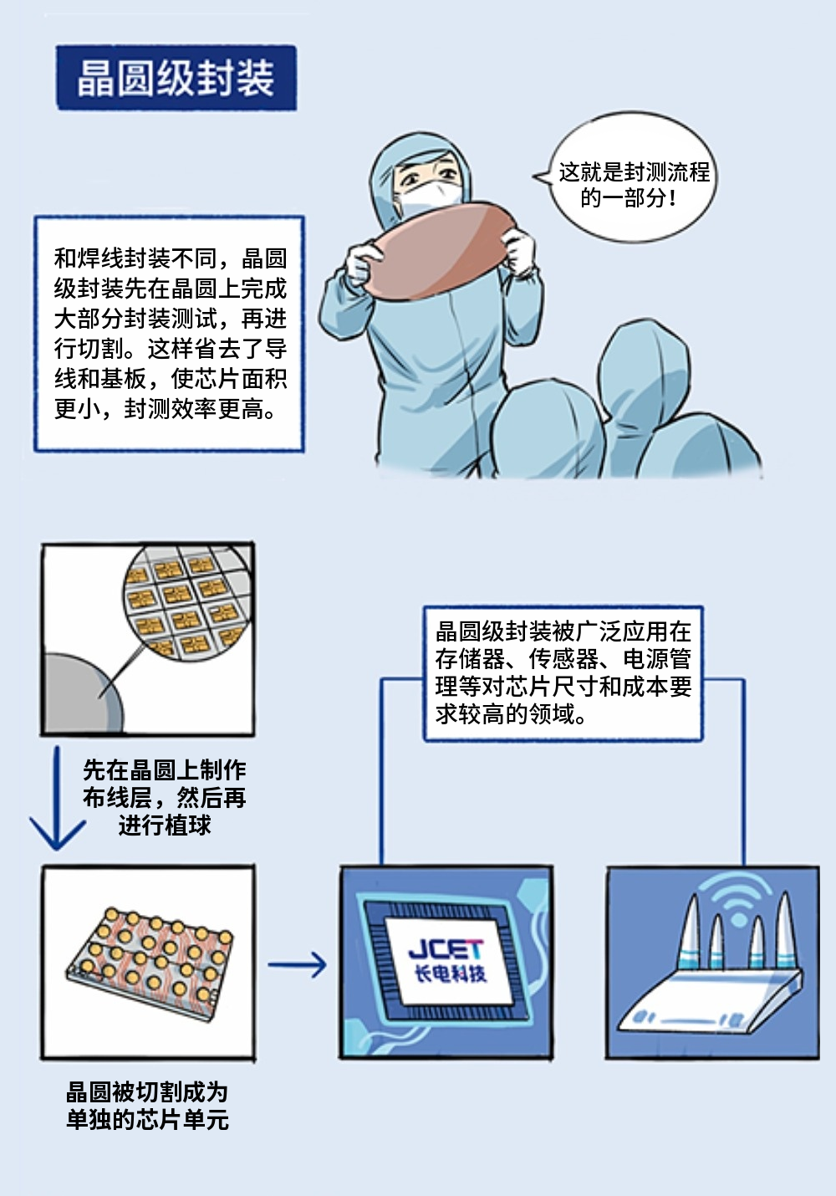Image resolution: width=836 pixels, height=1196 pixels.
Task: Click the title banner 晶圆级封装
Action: (176, 78)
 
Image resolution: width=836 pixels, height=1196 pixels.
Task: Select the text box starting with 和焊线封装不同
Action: (169, 333)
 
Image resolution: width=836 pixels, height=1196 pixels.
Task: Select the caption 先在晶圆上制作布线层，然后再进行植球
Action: (165, 797)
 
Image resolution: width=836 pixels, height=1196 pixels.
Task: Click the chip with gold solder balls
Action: (149, 962)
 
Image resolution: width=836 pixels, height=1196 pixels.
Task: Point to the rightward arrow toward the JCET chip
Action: (298, 964)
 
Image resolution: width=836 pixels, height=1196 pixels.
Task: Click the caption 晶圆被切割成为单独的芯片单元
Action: (147, 1105)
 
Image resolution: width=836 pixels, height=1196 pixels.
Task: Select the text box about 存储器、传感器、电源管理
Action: (563, 673)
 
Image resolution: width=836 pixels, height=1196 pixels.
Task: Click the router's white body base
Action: (711, 1004)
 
